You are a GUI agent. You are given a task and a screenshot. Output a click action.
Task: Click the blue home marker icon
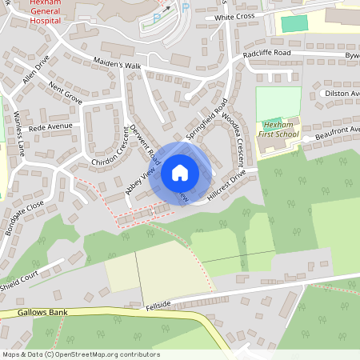180,173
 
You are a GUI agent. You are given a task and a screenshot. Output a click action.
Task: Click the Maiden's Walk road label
118,64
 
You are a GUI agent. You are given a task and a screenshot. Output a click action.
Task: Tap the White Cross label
234,17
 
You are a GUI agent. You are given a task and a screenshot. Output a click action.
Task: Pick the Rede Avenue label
50,126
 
